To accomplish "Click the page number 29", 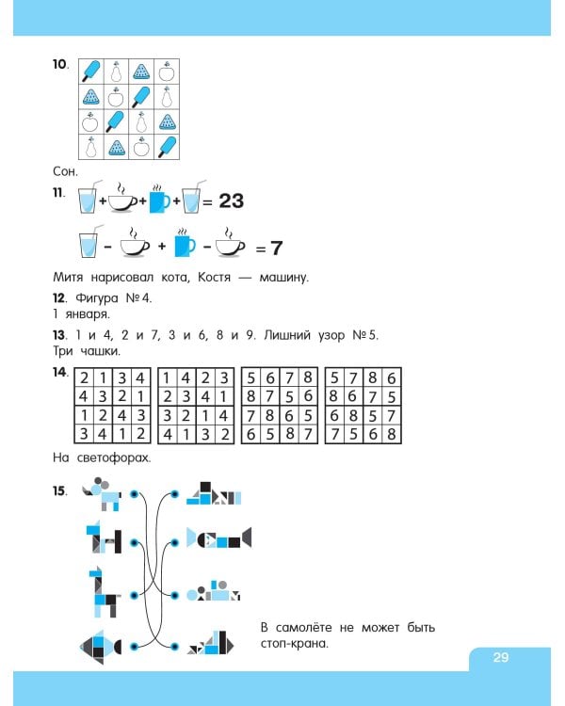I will pos(500,658).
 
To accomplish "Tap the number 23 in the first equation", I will pos(231,201).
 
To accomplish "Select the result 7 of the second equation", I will pos(277,249).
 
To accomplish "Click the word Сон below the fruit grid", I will pos(65,171).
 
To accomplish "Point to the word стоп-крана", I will pos(294,645).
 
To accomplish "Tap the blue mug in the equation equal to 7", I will pos(184,246).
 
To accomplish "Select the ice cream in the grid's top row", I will pos(91,71).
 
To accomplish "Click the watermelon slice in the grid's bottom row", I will pos(117,146).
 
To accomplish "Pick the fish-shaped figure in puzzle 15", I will pos(99,645).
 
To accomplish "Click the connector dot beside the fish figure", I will pos(134,646).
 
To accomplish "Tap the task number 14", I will pos(59,373).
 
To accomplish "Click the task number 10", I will pos(59,64).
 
